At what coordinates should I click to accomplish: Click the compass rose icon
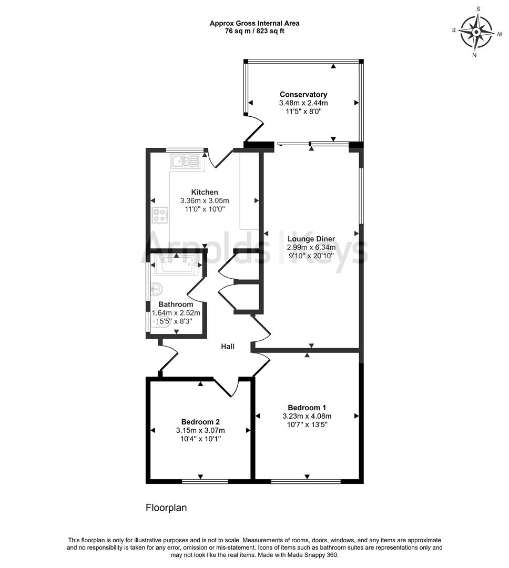[x=476, y=32]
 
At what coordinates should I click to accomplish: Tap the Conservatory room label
[x=303, y=95]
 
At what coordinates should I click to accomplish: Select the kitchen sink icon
[x=185, y=161]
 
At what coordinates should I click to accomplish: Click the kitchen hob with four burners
[x=160, y=215]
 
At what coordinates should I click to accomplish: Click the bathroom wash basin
[x=156, y=289]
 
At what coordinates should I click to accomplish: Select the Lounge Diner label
[x=311, y=239]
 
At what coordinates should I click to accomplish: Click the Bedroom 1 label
[x=307, y=408]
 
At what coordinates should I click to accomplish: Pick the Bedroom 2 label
[x=200, y=422]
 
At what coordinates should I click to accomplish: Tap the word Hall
[x=228, y=347]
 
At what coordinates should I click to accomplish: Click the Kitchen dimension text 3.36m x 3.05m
[x=205, y=201]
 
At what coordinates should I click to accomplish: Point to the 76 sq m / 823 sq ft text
[x=254, y=31]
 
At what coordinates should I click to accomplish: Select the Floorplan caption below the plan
[x=166, y=508]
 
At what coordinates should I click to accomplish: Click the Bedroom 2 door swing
[x=227, y=388]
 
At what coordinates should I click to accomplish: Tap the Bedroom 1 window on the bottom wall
[x=306, y=481]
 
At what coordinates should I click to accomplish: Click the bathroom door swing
[x=196, y=289]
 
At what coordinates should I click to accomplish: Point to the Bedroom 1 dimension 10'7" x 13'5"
[x=307, y=425]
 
